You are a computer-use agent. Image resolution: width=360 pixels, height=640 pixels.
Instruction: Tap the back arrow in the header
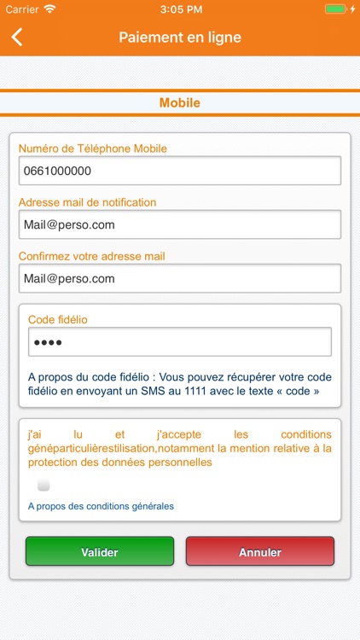click(17, 37)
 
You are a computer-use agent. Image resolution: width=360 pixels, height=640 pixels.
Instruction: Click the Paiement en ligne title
click(180, 37)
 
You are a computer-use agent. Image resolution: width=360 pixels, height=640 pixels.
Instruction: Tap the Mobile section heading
click(180, 103)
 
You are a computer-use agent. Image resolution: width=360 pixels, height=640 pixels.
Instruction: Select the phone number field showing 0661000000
click(180, 171)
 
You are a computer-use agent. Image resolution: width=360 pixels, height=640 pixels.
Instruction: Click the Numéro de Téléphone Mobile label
click(93, 148)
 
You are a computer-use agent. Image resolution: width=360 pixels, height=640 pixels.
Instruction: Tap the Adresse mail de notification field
click(180, 224)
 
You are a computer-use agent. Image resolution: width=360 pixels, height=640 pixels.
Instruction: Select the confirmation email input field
click(180, 278)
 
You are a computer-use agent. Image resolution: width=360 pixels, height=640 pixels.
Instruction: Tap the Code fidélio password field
click(180, 342)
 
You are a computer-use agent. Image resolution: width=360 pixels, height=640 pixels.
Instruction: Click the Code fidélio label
click(58, 319)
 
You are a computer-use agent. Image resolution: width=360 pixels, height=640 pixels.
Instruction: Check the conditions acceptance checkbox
click(44, 486)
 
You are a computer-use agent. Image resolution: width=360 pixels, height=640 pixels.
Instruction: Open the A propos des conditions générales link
click(101, 506)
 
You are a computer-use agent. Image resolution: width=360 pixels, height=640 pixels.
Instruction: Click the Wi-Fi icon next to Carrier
click(49, 9)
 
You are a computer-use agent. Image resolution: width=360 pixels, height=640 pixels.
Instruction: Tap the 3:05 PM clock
click(179, 9)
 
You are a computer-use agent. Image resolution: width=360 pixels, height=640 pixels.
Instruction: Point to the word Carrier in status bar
click(22, 9)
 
